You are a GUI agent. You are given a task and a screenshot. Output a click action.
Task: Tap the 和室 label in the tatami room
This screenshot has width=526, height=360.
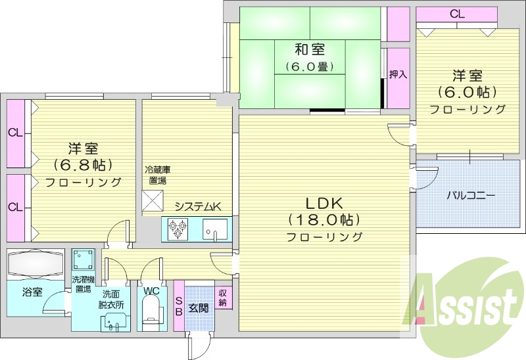tap(309, 49)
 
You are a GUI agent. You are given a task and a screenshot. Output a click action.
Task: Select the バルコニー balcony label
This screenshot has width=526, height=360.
tap(471, 195)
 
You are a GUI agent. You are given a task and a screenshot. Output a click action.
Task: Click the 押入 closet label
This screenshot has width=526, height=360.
tap(398, 74)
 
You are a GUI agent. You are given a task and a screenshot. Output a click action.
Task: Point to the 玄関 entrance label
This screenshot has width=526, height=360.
tap(199, 307)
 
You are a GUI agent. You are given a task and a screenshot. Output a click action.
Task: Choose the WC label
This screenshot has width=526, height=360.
tap(151, 290)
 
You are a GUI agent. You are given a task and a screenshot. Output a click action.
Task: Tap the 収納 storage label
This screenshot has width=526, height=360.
tap(223, 298)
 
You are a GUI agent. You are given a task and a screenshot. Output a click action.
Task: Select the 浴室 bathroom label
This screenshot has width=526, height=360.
tap(32, 291)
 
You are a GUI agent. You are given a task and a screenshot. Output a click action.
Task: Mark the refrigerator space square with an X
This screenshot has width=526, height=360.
tap(153, 199)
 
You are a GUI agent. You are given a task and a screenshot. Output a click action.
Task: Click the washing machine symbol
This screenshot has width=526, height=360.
tap(83, 259)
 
